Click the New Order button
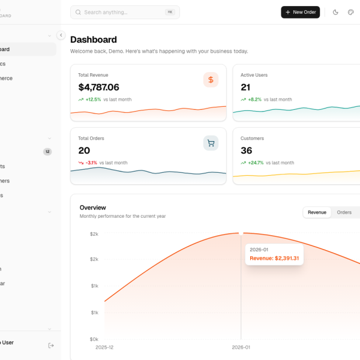click(300, 12)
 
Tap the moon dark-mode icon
click(335, 12)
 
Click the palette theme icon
click(351, 12)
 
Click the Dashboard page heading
click(94, 40)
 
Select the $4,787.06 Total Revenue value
click(98, 87)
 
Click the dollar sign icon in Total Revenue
click(211, 79)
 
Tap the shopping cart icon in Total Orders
click(211, 143)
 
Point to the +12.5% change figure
click(93, 100)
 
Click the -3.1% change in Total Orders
click(91, 163)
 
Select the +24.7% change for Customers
click(256, 163)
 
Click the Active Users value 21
click(245, 87)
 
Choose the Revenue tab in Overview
click(317, 212)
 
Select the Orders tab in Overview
click(344, 212)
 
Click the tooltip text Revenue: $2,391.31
click(274, 259)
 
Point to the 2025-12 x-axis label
click(104, 347)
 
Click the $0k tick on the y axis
click(94, 339)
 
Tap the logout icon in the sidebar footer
click(51, 345)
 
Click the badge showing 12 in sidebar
click(47, 152)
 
